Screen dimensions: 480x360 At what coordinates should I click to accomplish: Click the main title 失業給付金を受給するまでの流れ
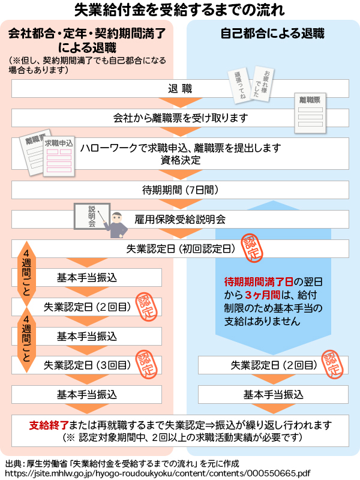coord(180,10)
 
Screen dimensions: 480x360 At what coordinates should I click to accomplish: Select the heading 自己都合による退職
coord(273,34)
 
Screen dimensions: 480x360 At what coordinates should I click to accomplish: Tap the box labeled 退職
coord(180,89)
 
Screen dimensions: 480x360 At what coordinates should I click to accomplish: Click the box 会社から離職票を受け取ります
coord(180,118)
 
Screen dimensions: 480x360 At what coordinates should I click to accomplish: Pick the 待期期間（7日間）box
coord(180,190)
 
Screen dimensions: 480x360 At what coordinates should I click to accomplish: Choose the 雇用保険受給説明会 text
coord(180,219)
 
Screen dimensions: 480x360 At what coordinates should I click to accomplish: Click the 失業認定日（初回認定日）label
coord(180,248)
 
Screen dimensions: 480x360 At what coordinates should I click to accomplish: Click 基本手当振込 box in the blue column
coord(273,394)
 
